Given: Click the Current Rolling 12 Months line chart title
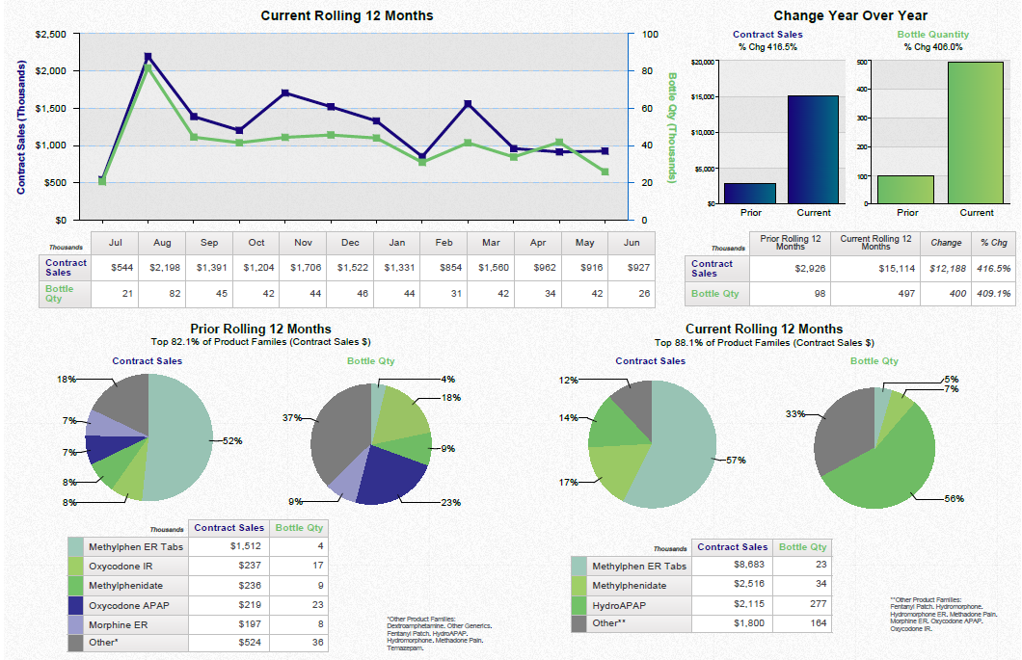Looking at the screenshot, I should [x=346, y=15].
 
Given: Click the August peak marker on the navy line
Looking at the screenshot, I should [x=148, y=57].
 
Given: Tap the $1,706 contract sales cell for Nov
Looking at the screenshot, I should [x=303, y=267].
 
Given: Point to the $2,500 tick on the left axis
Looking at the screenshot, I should [x=50, y=35].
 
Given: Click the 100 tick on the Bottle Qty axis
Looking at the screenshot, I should [x=649, y=35].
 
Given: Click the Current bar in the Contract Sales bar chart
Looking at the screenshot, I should [x=813, y=149].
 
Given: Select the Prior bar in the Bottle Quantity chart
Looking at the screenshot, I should [x=906, y=190].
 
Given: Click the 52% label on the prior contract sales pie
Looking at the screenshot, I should [x=232, y=440].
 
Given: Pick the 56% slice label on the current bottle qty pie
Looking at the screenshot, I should [x=955, y=499].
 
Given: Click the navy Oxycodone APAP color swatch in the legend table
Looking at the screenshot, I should [x=75, y=605].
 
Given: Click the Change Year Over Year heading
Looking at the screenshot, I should [x=849, y=15].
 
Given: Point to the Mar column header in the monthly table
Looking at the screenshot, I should [x=490, y=243].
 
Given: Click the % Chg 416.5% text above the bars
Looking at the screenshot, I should [x=767, y=46].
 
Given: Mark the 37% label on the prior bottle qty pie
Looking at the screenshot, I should [x=292, y=417].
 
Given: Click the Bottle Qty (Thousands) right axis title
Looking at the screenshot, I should [x=672, y=126].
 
